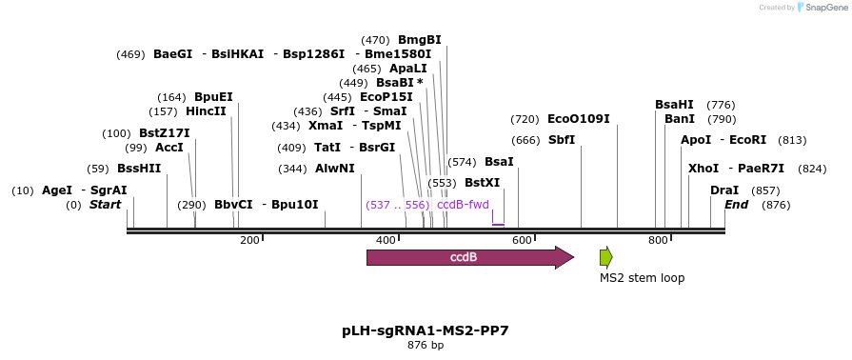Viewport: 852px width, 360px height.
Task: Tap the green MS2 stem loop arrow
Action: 605,257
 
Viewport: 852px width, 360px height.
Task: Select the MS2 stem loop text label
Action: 642,278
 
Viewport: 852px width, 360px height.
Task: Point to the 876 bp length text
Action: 426,345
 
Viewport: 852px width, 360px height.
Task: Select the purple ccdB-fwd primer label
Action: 463,205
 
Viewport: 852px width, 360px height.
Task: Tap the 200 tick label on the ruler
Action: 249,241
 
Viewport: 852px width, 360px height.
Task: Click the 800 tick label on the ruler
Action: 658,241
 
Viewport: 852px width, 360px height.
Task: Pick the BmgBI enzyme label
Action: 420,40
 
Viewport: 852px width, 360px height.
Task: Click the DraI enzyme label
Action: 724,190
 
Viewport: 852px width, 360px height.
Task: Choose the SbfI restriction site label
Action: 562,140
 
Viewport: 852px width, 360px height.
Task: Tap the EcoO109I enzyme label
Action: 579,119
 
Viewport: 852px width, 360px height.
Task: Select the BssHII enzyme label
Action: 139,169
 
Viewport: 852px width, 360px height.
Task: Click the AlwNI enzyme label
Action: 335,169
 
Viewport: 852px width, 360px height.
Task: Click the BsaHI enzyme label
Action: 674,105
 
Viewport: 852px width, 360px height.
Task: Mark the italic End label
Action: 736,205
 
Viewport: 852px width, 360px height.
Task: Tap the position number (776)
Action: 722,105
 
